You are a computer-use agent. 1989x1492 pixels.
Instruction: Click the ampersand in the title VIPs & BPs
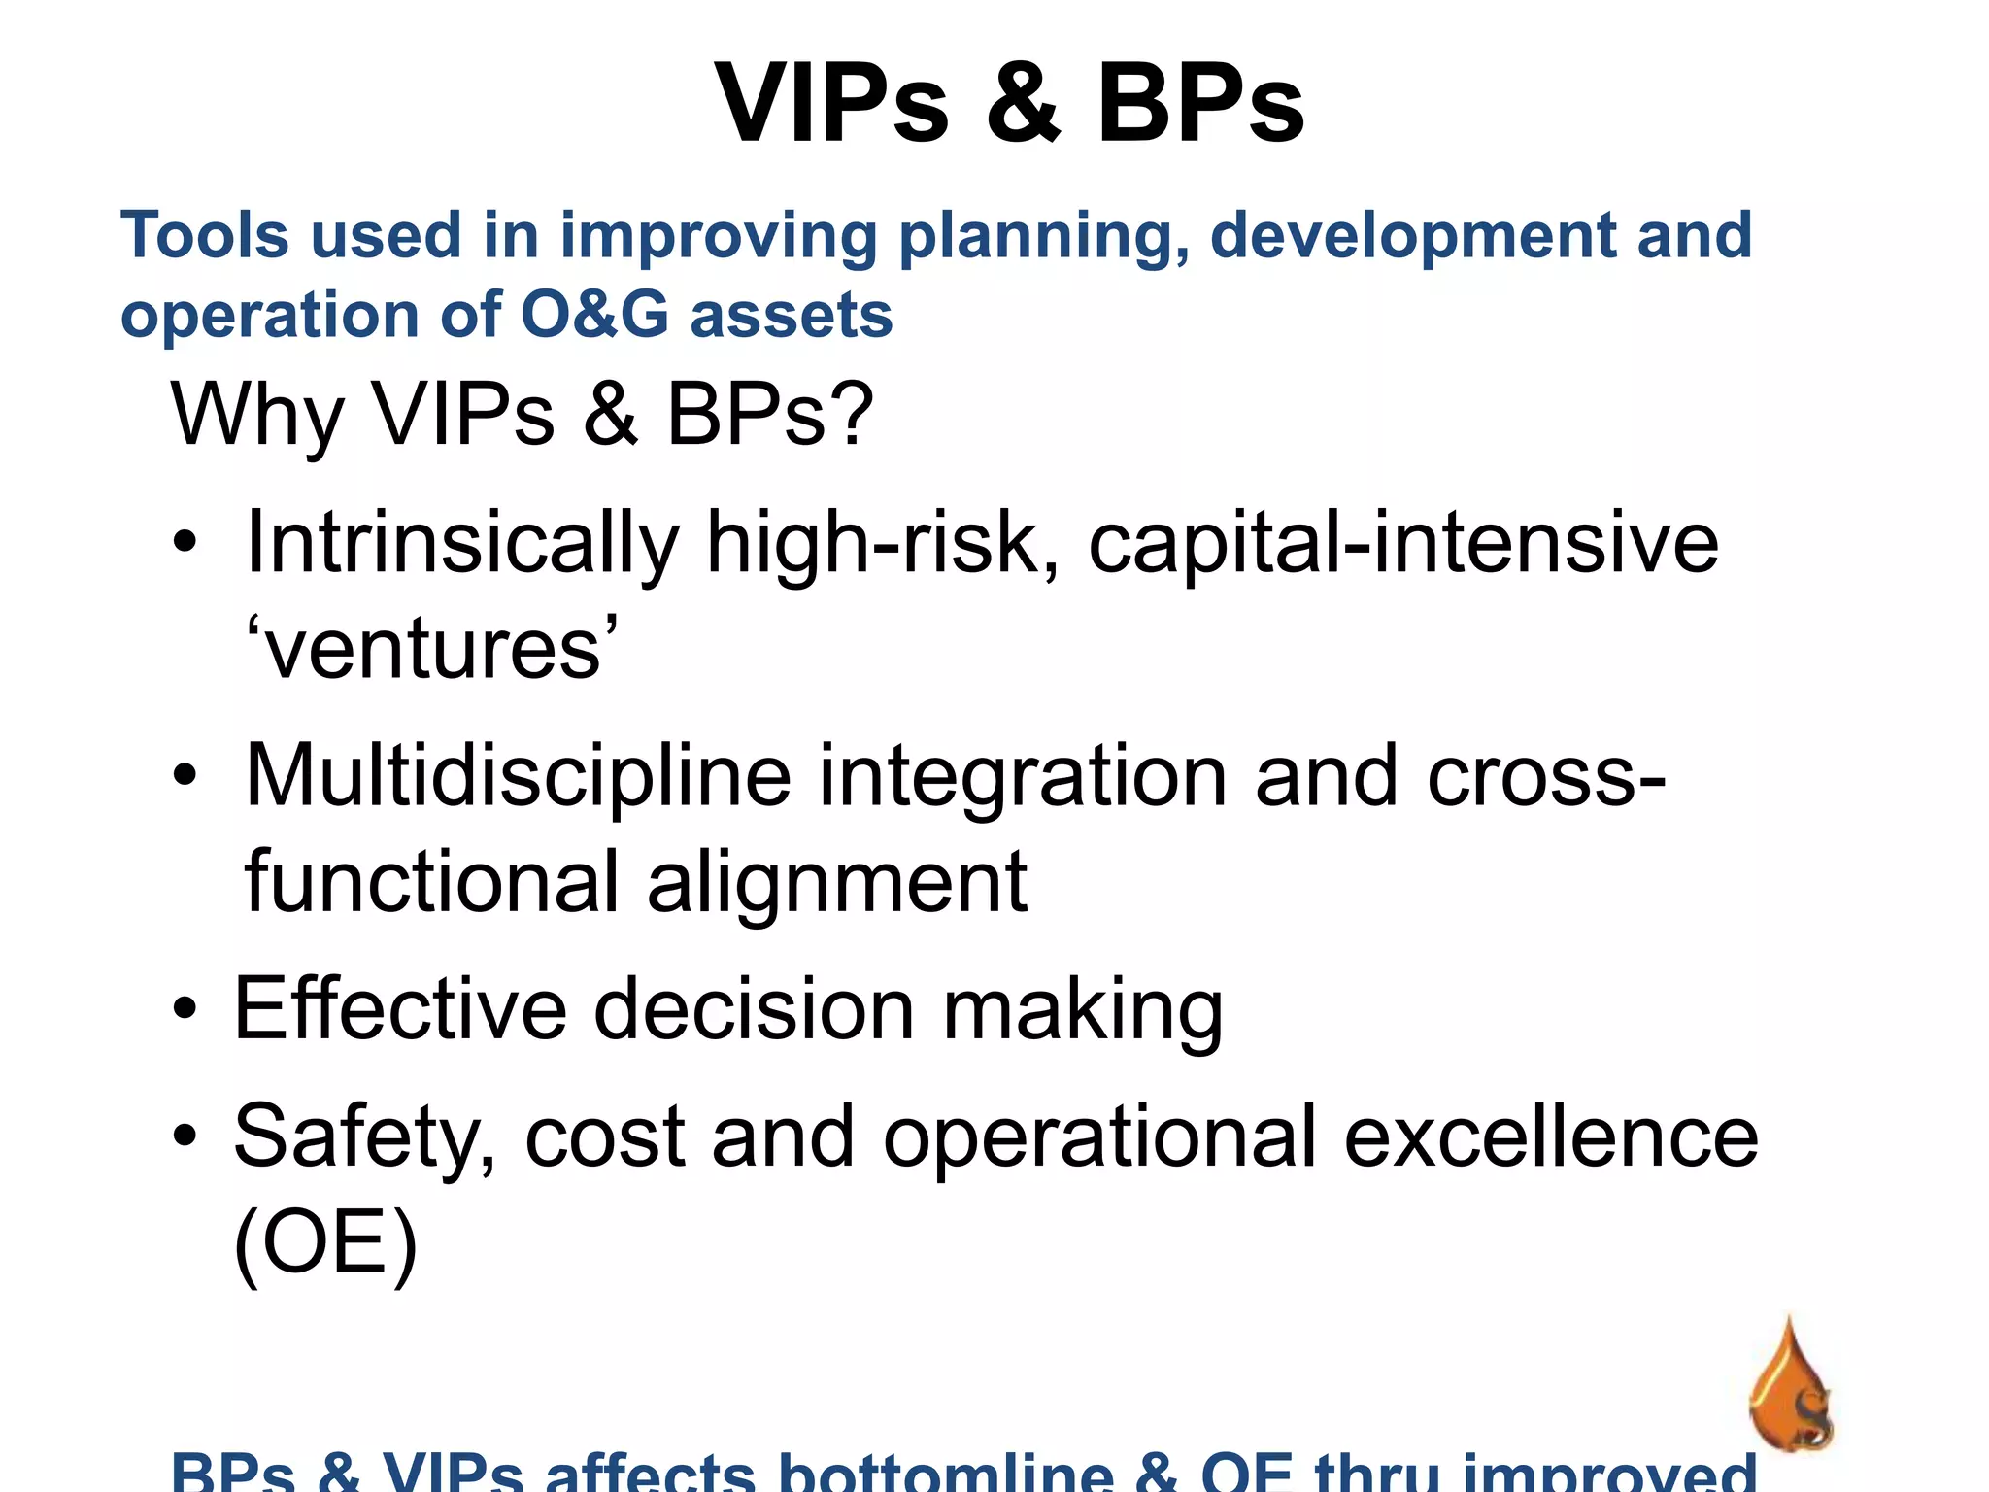[x=1024, y=103]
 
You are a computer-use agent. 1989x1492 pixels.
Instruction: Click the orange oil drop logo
[x=1790, y=1389]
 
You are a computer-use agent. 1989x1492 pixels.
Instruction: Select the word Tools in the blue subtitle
[x=204, y=236]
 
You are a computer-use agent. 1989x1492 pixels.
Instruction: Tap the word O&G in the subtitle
[x=594, y=316]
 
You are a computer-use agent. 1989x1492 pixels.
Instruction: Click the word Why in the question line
[x=256, y=416]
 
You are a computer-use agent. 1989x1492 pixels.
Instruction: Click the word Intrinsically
[x=462, y=544]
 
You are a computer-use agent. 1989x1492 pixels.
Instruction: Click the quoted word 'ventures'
[x=431, y=649]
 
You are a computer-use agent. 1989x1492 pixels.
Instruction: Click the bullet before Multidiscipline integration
[x=185, y=776]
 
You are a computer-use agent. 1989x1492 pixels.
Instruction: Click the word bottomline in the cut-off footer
[x=946, y=1475]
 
